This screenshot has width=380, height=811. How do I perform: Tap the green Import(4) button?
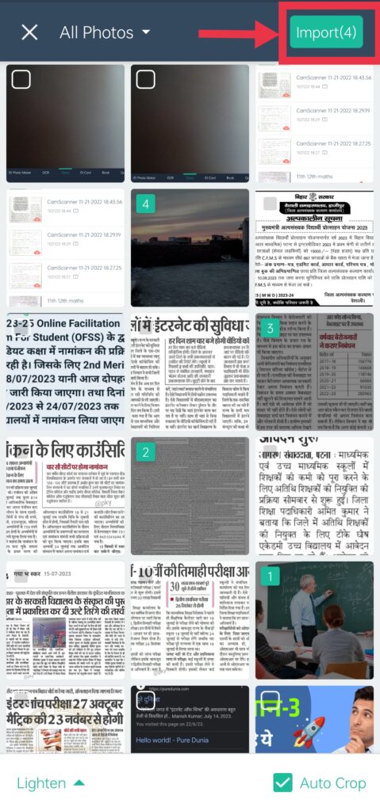coord(326,32)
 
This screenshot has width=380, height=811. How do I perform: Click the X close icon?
coord(29,32)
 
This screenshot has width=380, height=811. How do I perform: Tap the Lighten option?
coord(41,783)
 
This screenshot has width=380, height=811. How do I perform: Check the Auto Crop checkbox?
coord(282,783)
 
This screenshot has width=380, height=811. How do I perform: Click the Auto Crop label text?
coord(333,783)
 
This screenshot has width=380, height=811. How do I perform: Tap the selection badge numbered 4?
coord(144,204)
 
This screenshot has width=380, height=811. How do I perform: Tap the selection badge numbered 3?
coord(270,327)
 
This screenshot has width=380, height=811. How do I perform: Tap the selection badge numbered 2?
coord(144,452)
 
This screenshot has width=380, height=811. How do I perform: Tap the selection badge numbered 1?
coord(270,577)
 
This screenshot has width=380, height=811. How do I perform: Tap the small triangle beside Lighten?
coord(79,783)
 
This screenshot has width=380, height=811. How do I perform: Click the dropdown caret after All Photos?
coord(146,32)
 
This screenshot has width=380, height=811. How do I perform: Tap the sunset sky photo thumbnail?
coord(190,238)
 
